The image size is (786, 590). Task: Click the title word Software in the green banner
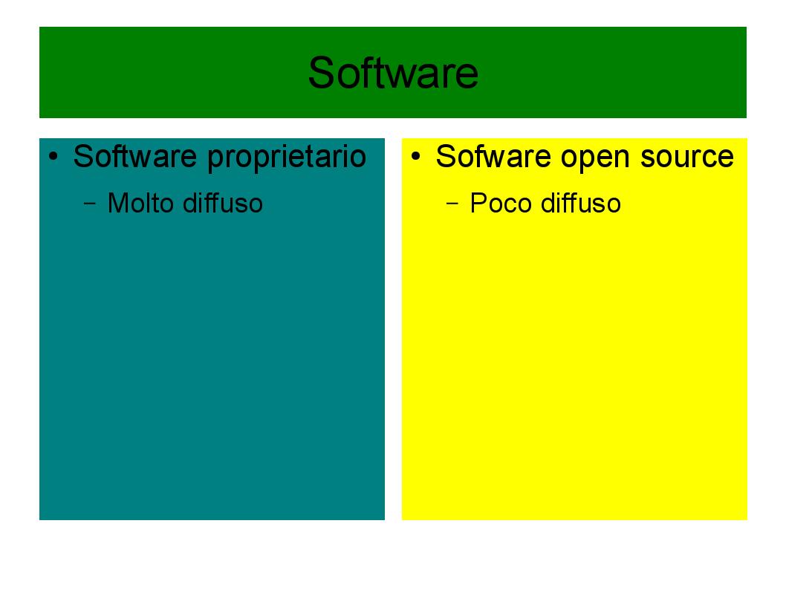393,73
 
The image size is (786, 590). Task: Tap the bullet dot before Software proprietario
53,156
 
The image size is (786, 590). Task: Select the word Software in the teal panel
135,156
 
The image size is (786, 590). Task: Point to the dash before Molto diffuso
90,204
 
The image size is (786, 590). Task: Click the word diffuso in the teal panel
223,203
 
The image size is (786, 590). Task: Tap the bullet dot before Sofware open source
415,156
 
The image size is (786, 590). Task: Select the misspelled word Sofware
493,156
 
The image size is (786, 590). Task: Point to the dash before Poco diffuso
452,204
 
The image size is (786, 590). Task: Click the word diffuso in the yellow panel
581,203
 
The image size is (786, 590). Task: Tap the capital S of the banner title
322,73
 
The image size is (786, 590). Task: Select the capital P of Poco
478,203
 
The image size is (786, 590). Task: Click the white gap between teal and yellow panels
393,329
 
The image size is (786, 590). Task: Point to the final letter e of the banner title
467,77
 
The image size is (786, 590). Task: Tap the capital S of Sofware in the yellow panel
445,156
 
